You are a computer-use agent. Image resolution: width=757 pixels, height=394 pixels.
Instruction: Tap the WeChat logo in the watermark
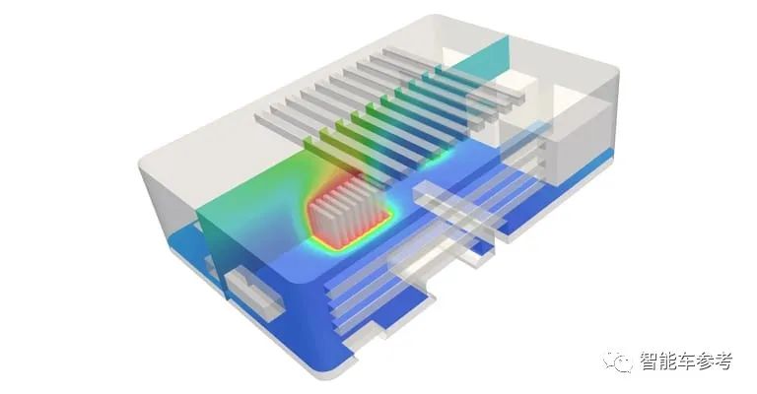click(x=617, y=361)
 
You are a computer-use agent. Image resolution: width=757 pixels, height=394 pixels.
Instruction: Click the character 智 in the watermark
click(x=650, y=361)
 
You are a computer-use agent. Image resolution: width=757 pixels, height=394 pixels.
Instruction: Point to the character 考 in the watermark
click(x=723, y=361)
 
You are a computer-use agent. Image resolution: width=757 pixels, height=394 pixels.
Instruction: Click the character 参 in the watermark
click(x=706, y=361)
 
